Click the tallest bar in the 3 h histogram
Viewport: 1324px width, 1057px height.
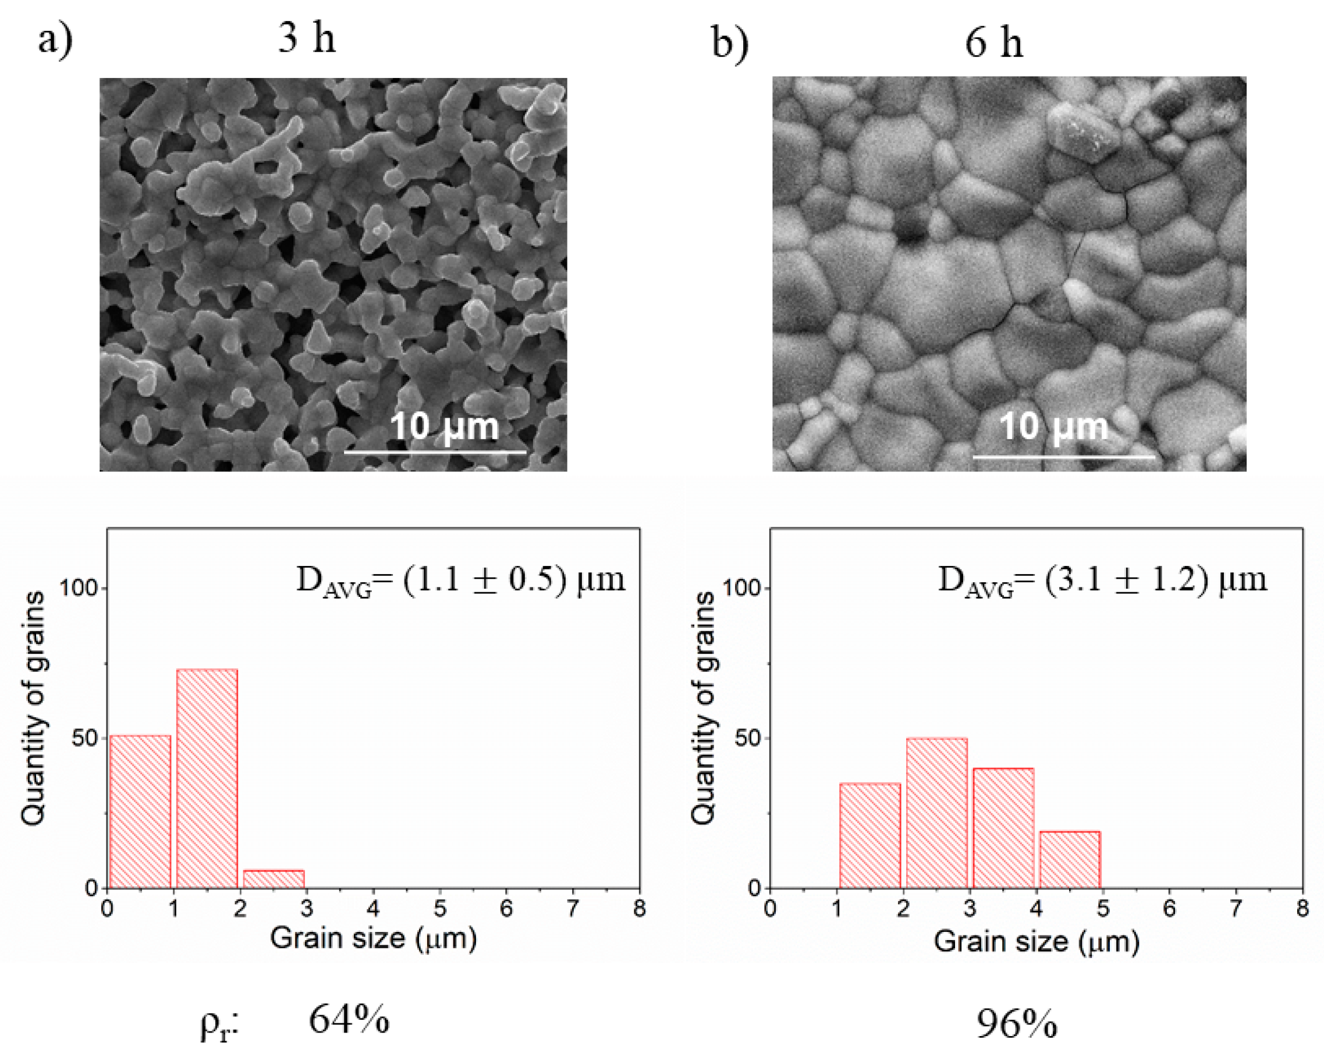tap(207, 778)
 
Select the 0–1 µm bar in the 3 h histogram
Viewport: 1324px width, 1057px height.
tap(140, 812)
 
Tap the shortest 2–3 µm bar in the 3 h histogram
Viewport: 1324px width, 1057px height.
tap(274, 879)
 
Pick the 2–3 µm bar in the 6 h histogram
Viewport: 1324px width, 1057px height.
tap(936, 813)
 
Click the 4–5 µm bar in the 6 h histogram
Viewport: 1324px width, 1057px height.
tap(1070, 859)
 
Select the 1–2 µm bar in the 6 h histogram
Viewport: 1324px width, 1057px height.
tap(869, 835)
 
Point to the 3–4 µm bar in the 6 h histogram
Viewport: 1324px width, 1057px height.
tap(1003, 828)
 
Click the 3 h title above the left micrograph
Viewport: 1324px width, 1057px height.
tap(307, 38)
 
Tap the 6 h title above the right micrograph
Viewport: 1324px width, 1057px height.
tap(993, 43)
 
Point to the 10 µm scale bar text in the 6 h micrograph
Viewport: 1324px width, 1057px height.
tap(1053, 426)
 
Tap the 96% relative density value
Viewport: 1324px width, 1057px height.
tap(1016, 1024)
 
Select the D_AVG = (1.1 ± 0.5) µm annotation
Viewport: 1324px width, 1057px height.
tap(460, 580)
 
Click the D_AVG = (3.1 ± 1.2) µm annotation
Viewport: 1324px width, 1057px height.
tap(1102, 580)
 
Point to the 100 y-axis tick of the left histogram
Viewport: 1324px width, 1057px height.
tap(78, 588)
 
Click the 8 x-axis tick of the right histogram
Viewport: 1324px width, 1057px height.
tap(1302, 909)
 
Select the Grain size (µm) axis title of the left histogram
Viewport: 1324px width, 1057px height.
tap(374, 938)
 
